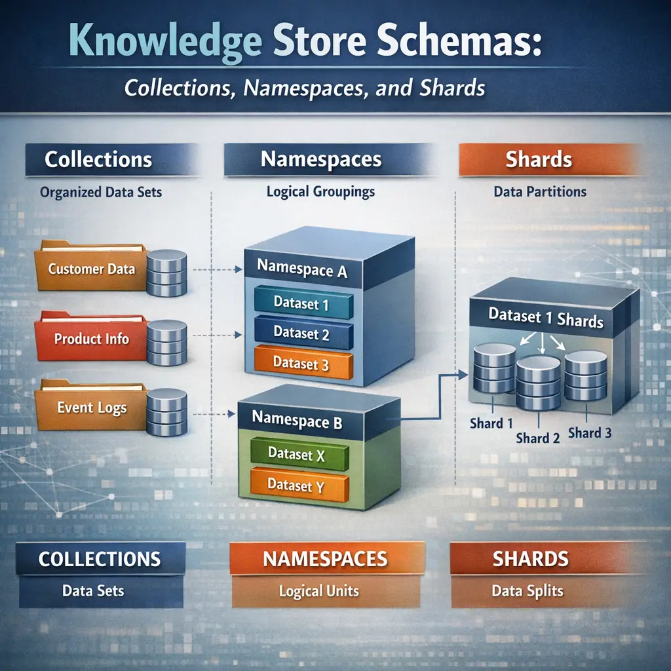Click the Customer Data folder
click(92, 268)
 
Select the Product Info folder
click(92, 339)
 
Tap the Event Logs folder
click(92, 408)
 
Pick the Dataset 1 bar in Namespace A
click(303, 303)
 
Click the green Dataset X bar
click(297, 454)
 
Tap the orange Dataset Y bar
click(297, 486)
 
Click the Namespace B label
click(297, 419)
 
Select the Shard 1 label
click(487, 423)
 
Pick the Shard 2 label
click(538, 438)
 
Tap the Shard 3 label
click(590, 432)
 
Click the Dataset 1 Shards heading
click(546, 318)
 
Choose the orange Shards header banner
click(539, 160)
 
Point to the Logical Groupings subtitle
click(320, 192)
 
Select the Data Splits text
click(527, 590)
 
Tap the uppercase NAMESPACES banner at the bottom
click(325, 560)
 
